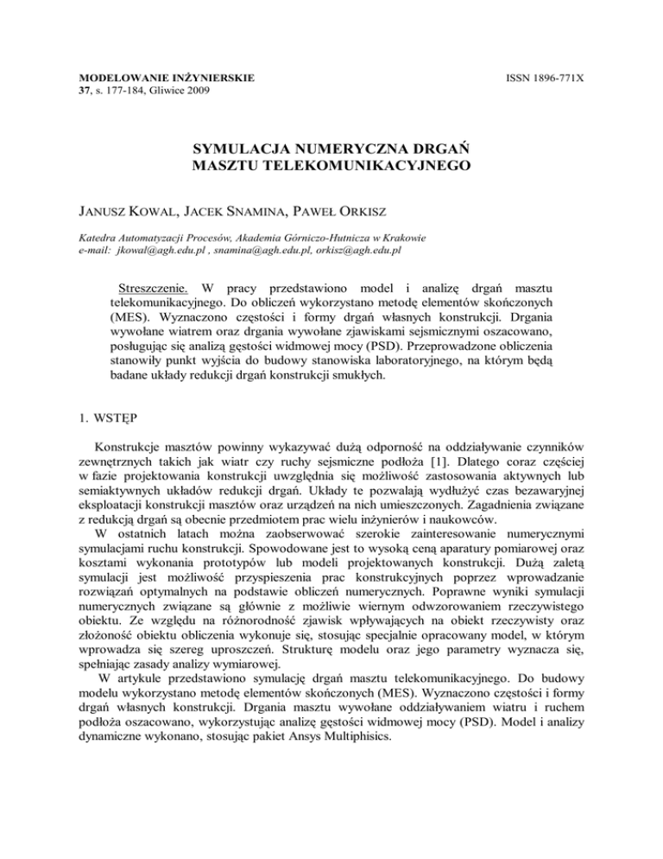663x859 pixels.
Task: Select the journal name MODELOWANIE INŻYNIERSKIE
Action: click(161, 78)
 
